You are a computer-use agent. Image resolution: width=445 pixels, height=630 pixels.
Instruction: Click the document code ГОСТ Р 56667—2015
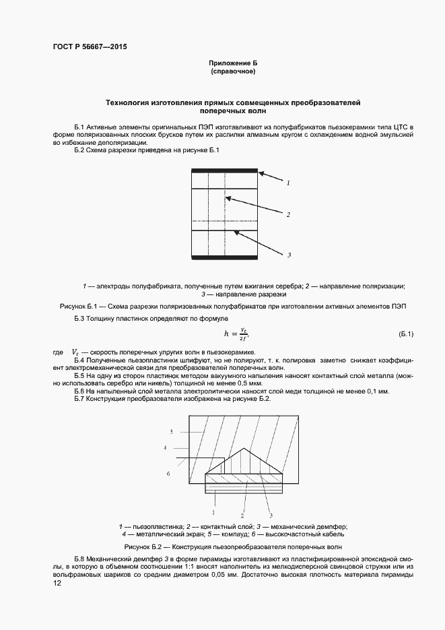(x=89, y=47)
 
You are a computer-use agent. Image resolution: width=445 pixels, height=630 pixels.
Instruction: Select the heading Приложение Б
(x=233, y=63)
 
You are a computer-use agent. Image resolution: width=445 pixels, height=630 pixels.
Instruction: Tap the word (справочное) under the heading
(x=233, y=71)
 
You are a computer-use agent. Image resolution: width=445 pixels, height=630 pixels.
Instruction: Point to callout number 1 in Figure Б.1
(x=287, y=183)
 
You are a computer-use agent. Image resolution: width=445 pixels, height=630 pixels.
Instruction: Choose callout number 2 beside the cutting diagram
(x=287, y=215)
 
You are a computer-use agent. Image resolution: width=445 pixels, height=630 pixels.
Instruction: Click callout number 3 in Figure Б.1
(x=288, y=255)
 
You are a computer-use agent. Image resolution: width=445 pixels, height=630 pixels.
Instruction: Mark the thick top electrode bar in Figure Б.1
(x=225, y=171)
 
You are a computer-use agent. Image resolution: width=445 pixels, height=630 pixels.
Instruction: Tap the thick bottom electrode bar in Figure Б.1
(x=225, y=257)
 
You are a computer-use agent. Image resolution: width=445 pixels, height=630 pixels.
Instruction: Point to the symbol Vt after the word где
(x=75, y=352)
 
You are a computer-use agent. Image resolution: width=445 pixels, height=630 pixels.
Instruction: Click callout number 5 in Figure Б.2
(x=172, y=431)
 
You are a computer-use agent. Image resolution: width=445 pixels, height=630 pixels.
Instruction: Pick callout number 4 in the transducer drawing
(x=164, y=447)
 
